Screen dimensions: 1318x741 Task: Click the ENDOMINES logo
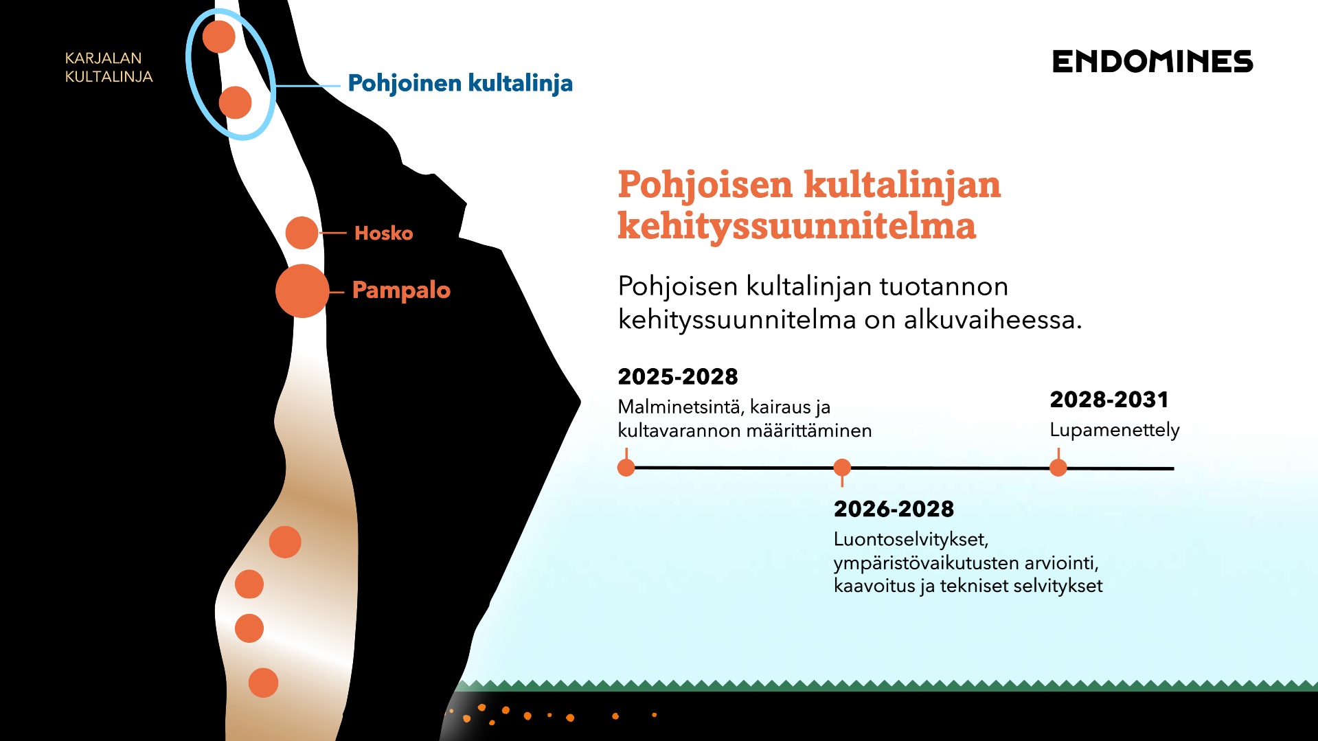point(1152,62)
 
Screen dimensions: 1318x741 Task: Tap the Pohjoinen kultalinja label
point(460,83)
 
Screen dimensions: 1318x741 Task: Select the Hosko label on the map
point(383,233)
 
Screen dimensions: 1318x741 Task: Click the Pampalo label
point(401,290)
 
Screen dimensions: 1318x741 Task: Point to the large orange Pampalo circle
point(302,290)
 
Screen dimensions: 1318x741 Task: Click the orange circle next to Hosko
point(302,233)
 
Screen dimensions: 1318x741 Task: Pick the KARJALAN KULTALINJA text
point(109,67)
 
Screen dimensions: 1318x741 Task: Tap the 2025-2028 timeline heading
point(678,376)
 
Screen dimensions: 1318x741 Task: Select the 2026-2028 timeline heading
point(894,509)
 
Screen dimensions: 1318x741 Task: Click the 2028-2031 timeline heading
point(1109,399)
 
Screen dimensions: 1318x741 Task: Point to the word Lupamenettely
point(1115,430)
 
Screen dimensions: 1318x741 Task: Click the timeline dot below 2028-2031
point(1058,468)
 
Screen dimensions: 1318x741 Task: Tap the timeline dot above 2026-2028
point(842,468)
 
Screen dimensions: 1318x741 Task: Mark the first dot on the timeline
point(626,468)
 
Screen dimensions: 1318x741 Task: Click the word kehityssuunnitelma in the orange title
point(797,226)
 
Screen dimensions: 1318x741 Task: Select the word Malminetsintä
point(681,407)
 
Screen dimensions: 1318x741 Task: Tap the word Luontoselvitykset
point(911,539)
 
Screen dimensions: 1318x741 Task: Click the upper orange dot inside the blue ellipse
point(219,36)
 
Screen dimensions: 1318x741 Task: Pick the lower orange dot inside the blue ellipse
point(235,102)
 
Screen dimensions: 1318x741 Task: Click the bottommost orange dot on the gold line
point(263,683)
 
